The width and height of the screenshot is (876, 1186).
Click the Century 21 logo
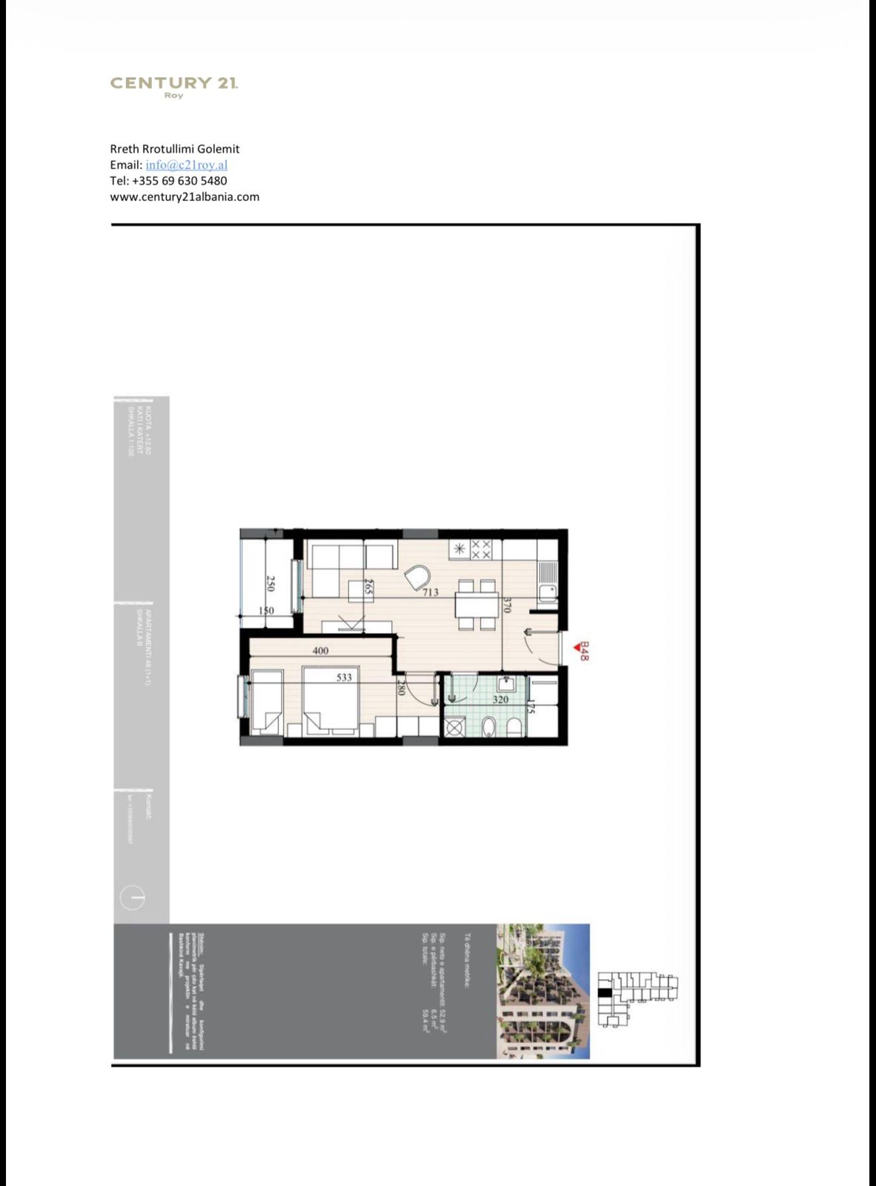174,85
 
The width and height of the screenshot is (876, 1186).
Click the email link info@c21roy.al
186,165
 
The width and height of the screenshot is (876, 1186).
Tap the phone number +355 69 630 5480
179,181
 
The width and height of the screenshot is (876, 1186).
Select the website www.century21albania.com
185,196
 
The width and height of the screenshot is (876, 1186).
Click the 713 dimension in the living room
431,592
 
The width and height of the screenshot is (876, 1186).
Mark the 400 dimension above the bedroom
320,651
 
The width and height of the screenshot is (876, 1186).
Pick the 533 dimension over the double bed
345,677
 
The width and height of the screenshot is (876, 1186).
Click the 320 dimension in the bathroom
500,699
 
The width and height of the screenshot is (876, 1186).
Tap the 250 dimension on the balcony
271,584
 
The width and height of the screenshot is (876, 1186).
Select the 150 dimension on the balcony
266,611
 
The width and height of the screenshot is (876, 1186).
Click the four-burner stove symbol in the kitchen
481,549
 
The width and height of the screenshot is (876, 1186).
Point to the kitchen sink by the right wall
548,572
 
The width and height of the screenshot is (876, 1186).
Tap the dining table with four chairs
477,606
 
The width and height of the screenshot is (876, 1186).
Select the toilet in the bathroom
513,728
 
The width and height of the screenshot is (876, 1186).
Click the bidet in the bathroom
488,728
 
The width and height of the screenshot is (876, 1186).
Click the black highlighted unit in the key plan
605,993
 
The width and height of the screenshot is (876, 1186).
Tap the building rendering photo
542,991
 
